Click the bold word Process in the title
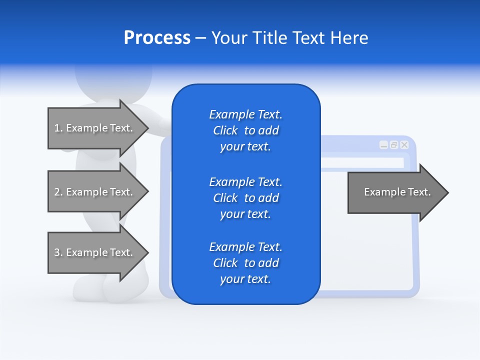click(x=157, y=38)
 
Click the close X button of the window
click(x=404, y=145)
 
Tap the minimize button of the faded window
click(x=383, y=145)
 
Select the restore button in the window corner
click(x=394, y=145)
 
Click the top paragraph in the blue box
click(x=245, y=130)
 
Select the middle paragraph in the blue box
click(x=245, y=198)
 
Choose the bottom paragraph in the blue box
click(x=245, y=263)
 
